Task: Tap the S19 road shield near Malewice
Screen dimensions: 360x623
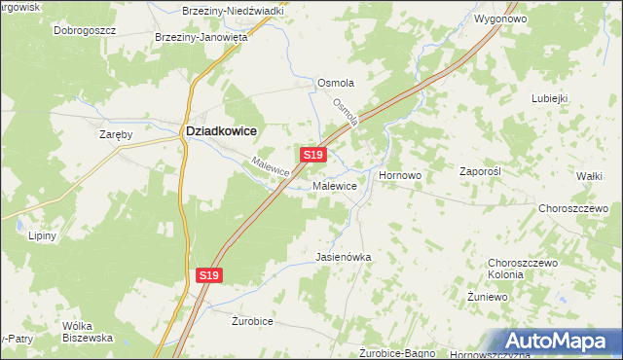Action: click(x=311, y=155)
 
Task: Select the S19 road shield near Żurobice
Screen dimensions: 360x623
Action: click(x=209, y=276)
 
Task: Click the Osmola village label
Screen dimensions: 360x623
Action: click(x=335, y=84)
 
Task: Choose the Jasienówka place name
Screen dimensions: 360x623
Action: click(x=344, y=257)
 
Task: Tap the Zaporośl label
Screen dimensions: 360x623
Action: click(x=479, y=170)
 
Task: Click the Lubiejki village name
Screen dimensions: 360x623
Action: click(x=549, y=98)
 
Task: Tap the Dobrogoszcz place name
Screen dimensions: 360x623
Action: click(x=85, y=30)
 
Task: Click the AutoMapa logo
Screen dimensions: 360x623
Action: click(x=563, y=342)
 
